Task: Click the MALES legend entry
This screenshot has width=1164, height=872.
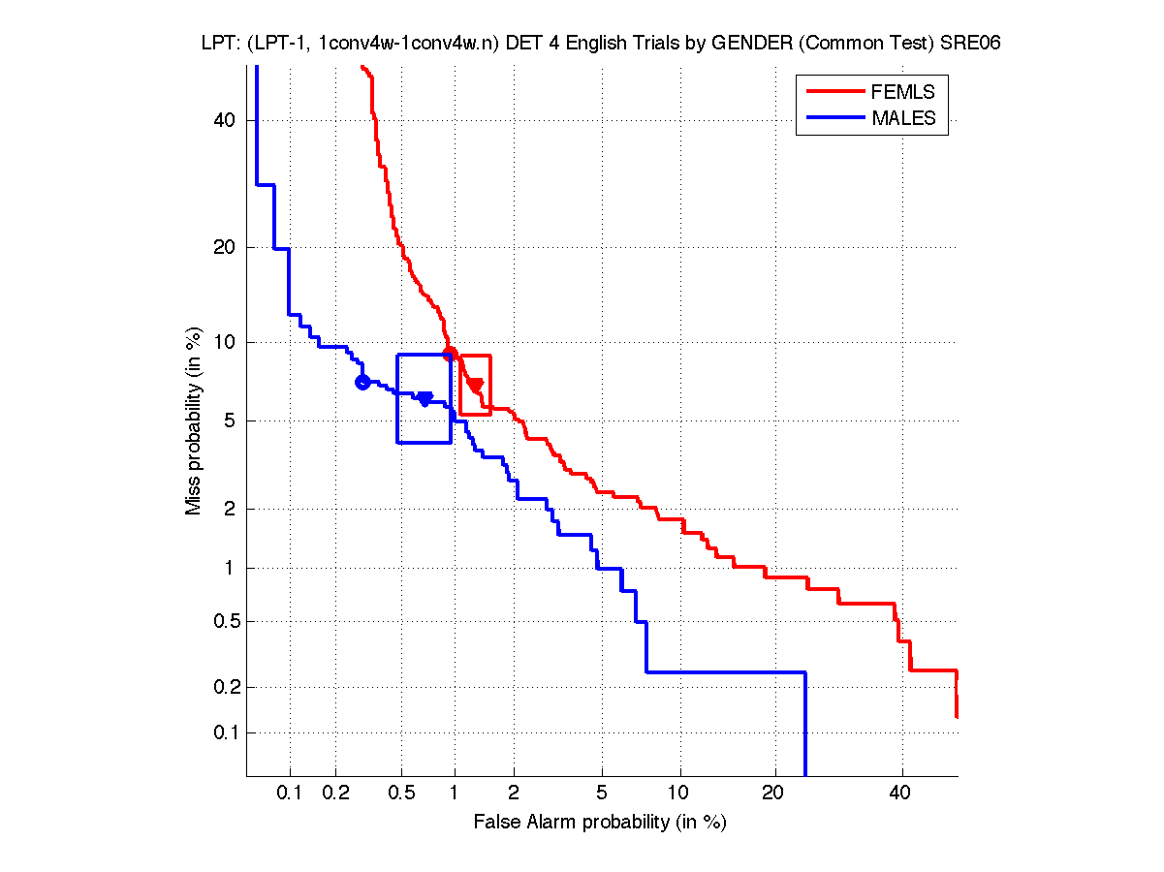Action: pyautogui.click(x=902, y=119)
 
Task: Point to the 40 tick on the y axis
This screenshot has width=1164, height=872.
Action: pyautogui.click(x=226, y=120)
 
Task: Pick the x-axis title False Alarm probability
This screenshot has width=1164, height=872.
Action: pyautogui.click(x=600, y=823)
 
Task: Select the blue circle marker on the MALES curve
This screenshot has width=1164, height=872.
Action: pyautogui.click(x=362, y=382)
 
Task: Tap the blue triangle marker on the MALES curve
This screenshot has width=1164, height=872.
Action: pyautogui.click(x=425, y=398)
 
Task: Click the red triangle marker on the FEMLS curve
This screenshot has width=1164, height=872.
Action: pyautogui.click(x=475, y=385)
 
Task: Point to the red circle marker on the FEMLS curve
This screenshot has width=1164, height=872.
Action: pyautogui.click(x=450, y=353)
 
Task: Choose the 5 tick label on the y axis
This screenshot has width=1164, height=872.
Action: pyautogui.click(x=231, y=420)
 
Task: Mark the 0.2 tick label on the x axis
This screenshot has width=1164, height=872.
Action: pyautogui.click(x=335, y=794)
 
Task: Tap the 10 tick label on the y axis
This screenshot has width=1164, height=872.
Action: pyautogui.click(x=226, y=342)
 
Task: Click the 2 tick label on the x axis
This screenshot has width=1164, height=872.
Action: pyautogui.click(x=514, y=794)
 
